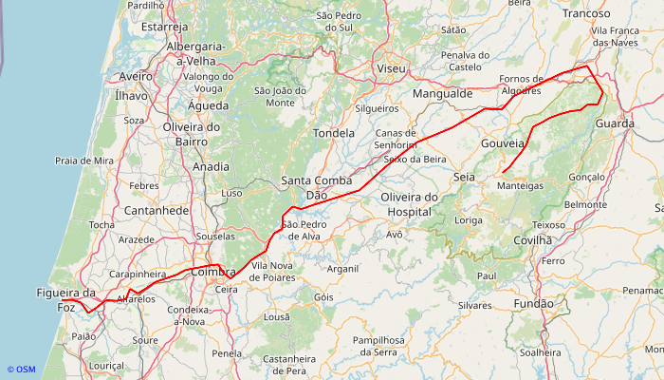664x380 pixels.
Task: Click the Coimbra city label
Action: click(212, 273)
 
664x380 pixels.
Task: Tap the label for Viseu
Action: click(390, 69)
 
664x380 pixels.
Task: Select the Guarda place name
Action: click(615, 124)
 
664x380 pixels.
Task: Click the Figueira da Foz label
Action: click(67, 300)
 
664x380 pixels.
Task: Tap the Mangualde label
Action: click(442, 94)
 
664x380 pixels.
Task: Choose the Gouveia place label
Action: click(503, 143)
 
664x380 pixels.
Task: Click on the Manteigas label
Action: click(520, 186)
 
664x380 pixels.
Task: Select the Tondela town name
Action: click(333, 134)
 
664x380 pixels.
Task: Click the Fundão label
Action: click(533, 304)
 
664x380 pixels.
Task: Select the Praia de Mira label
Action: click(84, 161)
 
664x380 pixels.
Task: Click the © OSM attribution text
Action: click(21, 370)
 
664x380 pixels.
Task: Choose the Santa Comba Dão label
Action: click(317, 187)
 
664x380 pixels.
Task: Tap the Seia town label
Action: click(465, 178)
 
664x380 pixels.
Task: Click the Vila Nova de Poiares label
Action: click(272, 272)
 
